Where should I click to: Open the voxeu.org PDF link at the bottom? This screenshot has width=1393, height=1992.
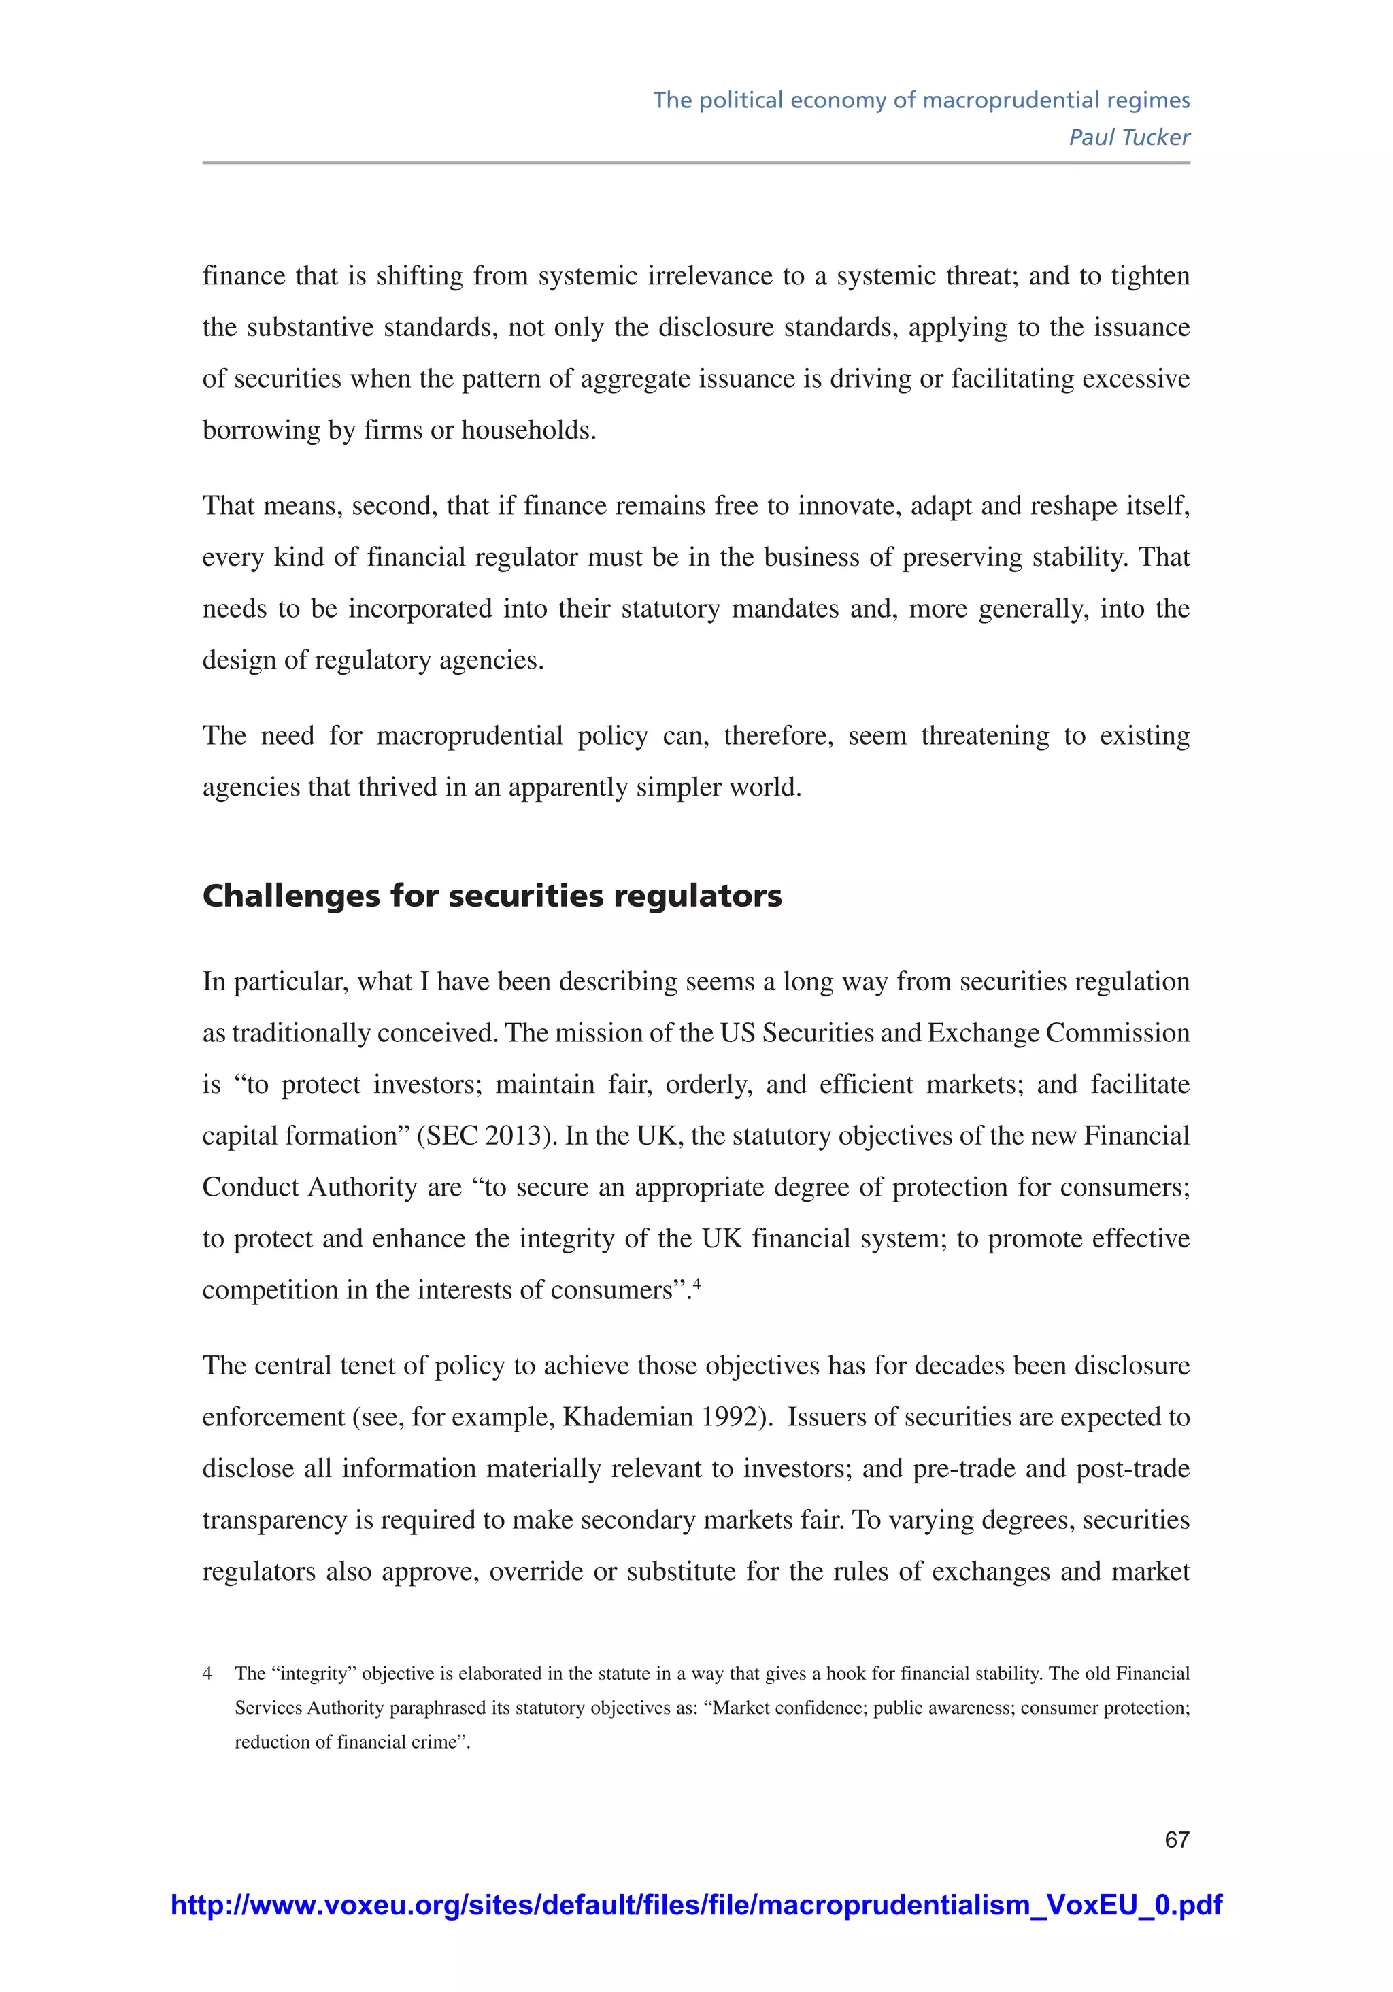696,1905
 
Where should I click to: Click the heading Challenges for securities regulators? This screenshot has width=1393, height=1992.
491,896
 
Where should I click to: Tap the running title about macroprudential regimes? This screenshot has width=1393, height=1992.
921,101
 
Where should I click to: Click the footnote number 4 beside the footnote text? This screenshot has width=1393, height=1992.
207,1674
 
